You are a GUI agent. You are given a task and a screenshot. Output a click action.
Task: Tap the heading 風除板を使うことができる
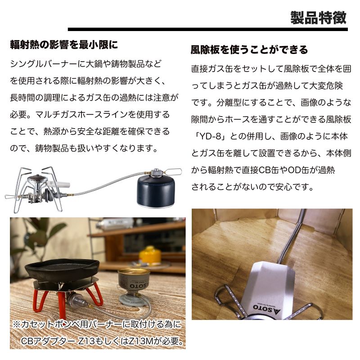[249, 49]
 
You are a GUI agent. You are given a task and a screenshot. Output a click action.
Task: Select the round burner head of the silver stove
[37, 180]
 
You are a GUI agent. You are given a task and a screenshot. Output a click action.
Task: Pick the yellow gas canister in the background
[150, 255]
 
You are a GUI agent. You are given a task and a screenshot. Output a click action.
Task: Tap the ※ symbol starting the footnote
[17, 325]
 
